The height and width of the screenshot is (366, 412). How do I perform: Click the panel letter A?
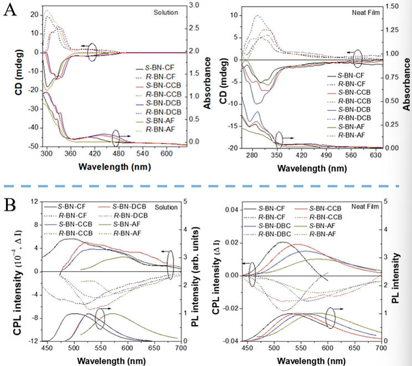pyautogui.click(x=9, y=12)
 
